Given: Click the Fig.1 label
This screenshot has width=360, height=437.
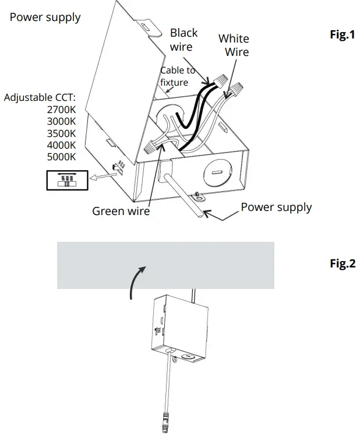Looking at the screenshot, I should point(342,34).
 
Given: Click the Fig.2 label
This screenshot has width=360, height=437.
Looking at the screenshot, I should point(342,263).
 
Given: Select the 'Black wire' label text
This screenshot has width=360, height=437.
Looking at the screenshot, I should point(183,40).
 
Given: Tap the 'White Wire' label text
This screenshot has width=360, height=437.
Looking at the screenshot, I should point(234,45).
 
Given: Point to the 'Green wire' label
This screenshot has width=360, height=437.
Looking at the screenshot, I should point(121,211).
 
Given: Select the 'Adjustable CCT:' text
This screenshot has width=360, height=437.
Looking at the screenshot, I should point(40,97).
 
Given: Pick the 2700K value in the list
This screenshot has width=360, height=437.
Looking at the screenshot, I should point(61,110).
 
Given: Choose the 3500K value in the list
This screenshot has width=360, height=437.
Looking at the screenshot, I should point(61,133).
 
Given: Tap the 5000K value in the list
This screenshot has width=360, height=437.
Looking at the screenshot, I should point(61,157).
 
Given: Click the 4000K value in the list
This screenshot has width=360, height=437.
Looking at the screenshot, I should point(61,145).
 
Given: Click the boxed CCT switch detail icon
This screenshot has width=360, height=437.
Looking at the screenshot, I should point(67,181).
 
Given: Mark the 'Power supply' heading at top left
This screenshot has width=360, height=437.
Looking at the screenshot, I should point(45,17).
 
